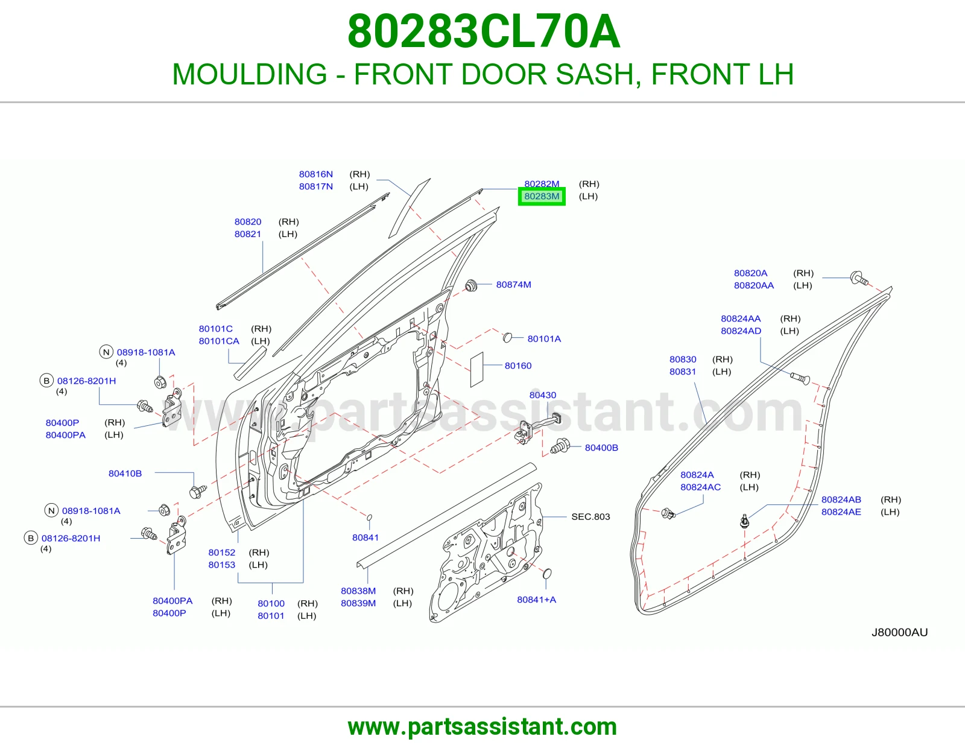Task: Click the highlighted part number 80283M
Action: tap(542, 196)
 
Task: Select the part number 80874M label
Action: tap(513, 284)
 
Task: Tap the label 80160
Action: tap(518, 366)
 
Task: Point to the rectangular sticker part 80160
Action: tap(476, 370)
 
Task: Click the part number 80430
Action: tap(542, 395)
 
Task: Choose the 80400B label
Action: tap(601, 448)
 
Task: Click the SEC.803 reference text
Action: tap(590, 516)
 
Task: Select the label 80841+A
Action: tap(536, 600)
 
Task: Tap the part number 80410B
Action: tap(125, 474)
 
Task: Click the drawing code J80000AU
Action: tap(899, 632)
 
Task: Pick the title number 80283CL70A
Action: tap(484, 31)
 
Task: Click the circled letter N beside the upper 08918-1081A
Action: tap(106, 352)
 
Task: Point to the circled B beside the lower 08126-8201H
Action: tap(31, 538)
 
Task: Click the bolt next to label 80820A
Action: tap(858, 279)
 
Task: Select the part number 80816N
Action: tap(316, 174)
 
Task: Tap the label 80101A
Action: tap(544, 339)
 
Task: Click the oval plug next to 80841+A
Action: tap(547, 574)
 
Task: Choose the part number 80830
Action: tap(683, 360)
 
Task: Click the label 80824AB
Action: tap(841, 499)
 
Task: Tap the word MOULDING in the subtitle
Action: tap(250, 74)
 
